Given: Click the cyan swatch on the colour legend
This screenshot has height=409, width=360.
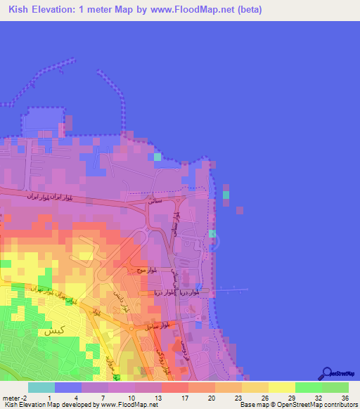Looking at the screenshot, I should click(x=41, y=387).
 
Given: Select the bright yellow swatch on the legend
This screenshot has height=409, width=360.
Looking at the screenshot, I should click(x=282, y=387).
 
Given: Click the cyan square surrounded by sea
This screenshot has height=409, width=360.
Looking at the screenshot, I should click(x=226, y=194).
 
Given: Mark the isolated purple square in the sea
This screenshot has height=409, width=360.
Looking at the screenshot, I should click(x=240, y=209).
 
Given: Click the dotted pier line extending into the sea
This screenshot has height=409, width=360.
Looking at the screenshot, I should click(x=232, y=289).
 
